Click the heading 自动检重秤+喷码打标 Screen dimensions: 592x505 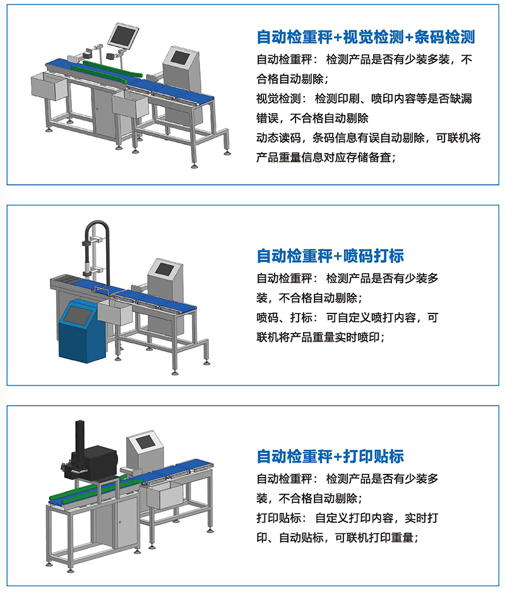coord(330,256)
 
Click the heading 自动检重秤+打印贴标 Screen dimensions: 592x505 coord(330,456)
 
